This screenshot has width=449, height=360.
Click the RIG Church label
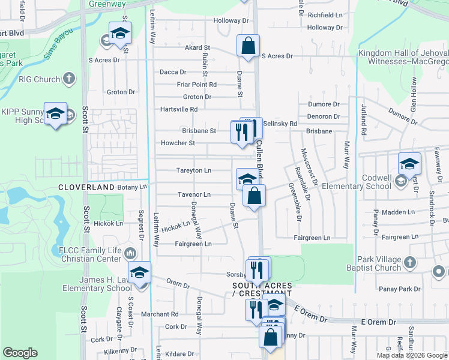click(x=38, y=79)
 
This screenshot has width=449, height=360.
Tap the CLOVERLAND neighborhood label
click(x=86, y=188)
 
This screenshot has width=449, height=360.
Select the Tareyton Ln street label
click(x=193, y=170)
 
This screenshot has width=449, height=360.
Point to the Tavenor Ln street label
click(x=194, y=195)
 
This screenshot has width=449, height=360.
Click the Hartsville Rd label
click(x=179, y=109)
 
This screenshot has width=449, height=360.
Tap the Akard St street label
click(x=197, y=47)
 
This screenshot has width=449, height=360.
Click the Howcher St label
click(x=178, y=143)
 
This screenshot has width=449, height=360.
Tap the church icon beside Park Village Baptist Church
click(x=410, y=262)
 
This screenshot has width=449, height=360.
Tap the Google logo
click(x=20, y=353)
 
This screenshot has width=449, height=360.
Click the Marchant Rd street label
click(x=160, y=314)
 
